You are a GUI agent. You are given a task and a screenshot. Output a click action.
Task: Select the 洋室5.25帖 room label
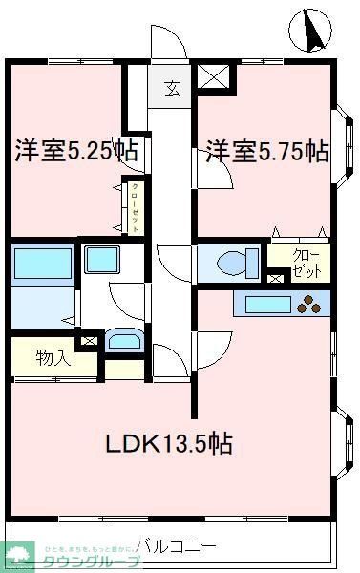(x=74, y=150)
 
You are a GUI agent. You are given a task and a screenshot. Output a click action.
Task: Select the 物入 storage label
(x=53, y=358)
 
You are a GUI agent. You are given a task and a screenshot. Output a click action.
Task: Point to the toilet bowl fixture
(x=235, y=262)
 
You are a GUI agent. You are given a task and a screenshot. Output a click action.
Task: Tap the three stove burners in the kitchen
(x=312, y=306)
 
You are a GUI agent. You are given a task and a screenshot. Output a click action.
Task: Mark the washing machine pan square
(x=99, y=259)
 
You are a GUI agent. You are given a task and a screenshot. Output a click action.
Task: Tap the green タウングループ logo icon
(x=18, y=553)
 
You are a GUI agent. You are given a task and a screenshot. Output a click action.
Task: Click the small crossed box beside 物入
(x=90, y=339)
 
